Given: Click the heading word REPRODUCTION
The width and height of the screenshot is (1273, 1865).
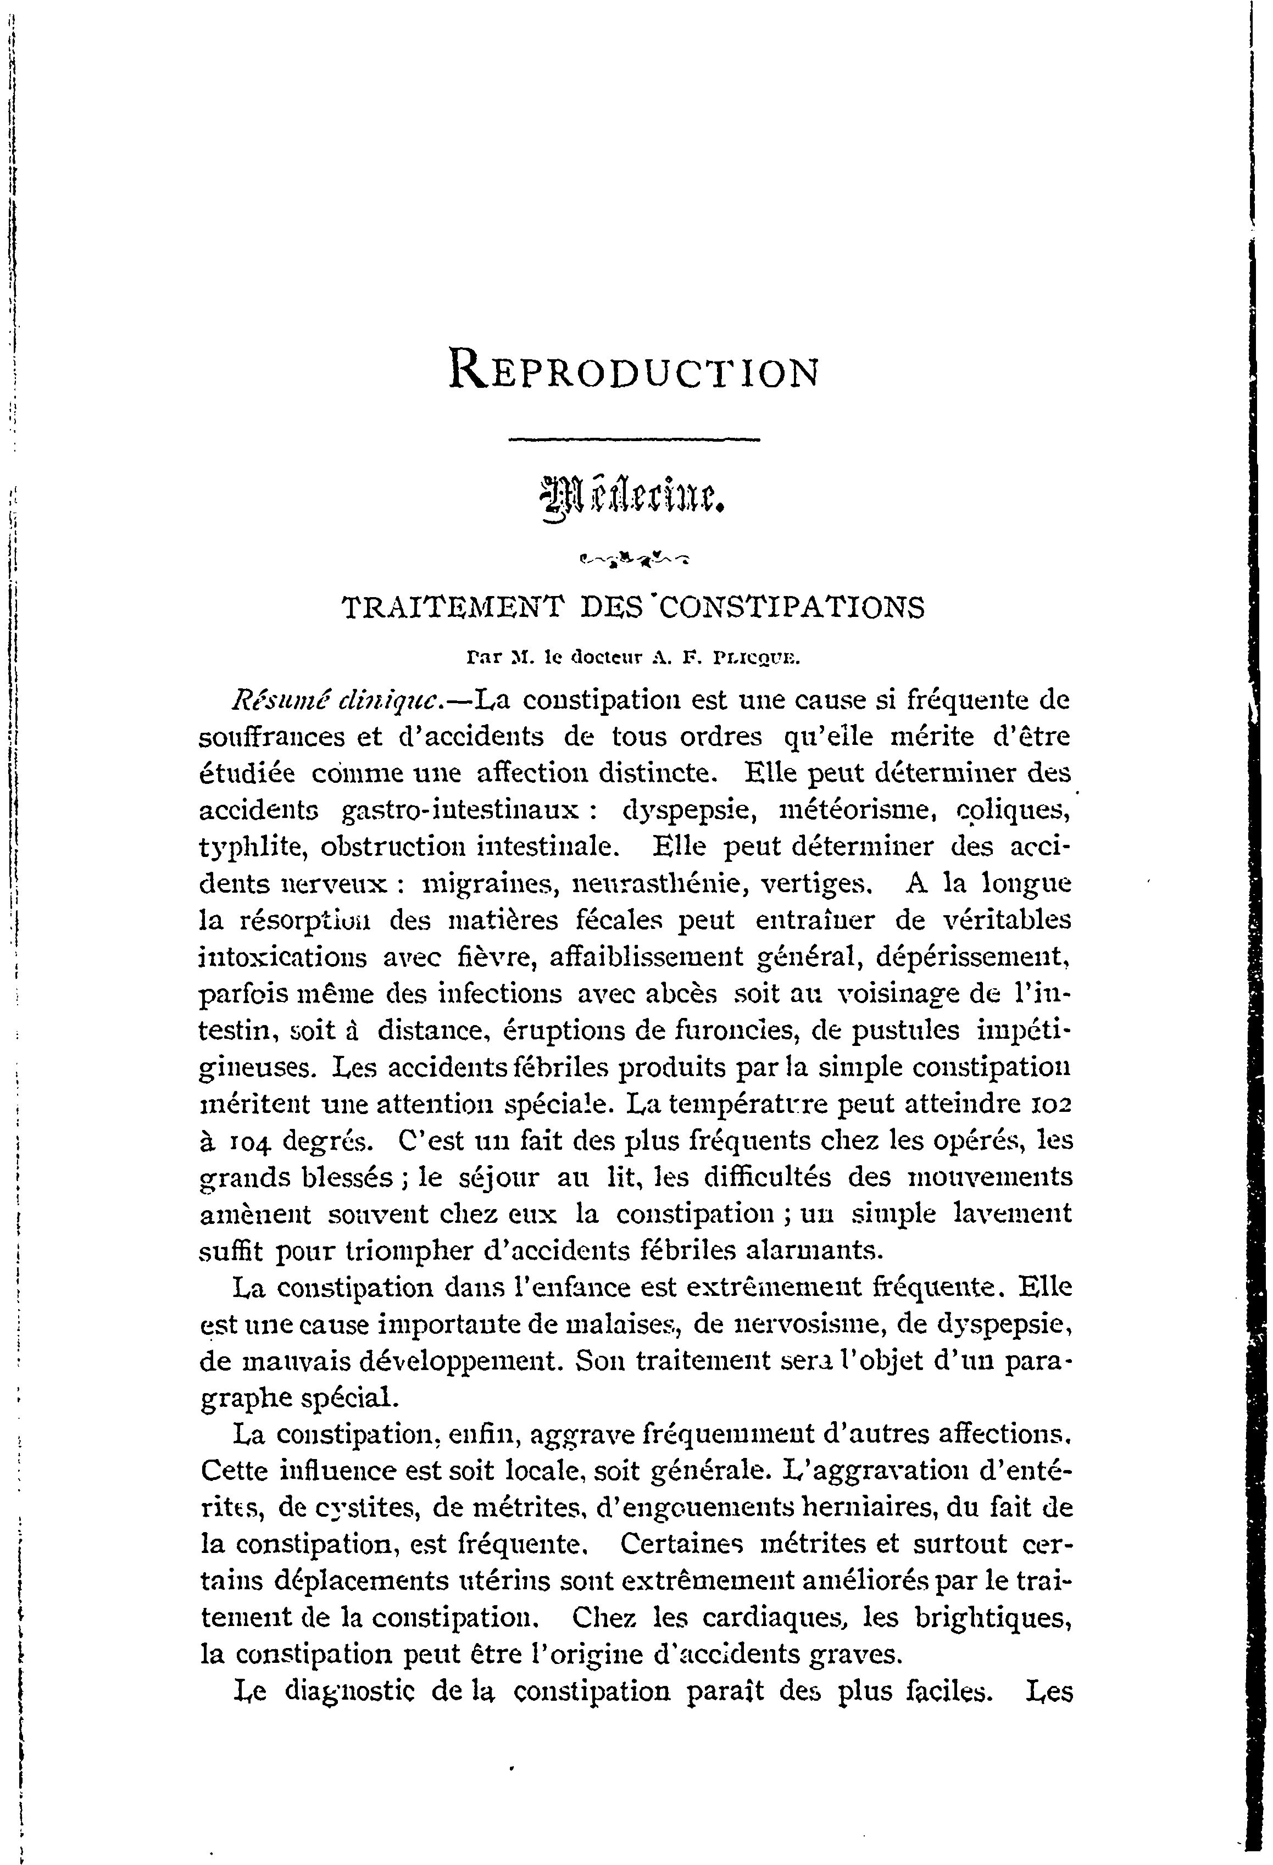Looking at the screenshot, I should (x=634, y=371).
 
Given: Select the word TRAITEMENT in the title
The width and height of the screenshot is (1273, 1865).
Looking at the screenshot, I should (x=453, y=608).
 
